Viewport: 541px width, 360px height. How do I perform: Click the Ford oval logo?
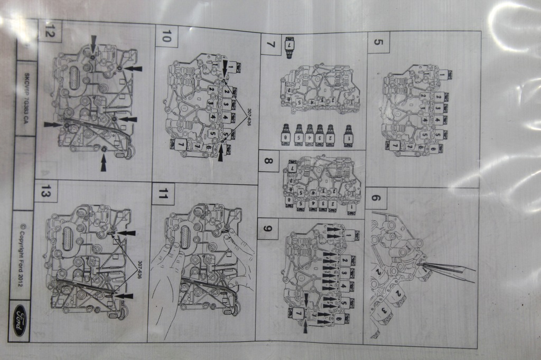pyautogui.click(x=20, y=320)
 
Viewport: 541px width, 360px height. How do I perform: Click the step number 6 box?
pyautogui.click(x=375, y=198)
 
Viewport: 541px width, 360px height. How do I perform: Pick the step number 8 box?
pyautogui.click(x=268, y=160)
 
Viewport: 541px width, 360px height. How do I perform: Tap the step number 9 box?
pyautogui.click(x=267, y=228)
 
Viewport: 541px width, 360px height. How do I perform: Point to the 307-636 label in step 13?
pyautogui.click(x=139, y=270)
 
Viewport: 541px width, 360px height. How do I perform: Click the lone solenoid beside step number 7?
pyautogui.click(x=289, y=47)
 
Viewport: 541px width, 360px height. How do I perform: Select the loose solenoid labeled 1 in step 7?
pyautogui.click(x=348, y=136)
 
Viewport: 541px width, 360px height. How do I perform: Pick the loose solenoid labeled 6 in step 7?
pyautogui.click(x=286, y=136)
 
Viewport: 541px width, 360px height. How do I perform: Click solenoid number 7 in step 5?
pyautogui.click(x=393, y=145)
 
